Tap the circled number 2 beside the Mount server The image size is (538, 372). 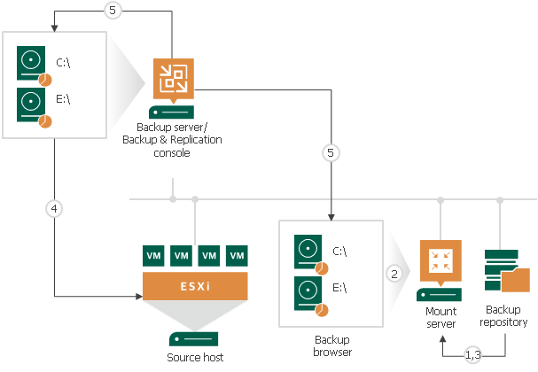pyautogui.click(x=394, y=274)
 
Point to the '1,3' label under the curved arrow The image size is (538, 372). pyautogui.click(x=473, y=356)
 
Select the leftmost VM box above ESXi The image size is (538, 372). pyautogui.click(x=154, y=256)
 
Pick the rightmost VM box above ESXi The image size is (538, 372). pyautogui.click(x=237, y=256)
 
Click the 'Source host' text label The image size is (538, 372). pyautogui.click(x=195, y=357)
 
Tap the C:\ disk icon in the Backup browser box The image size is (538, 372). pyautogui.click(x=307, y=252)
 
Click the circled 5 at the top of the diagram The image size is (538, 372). pyautogui.click(x=112, y=11)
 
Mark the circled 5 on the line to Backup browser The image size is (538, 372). pyautogui.click(x=331, y=152)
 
